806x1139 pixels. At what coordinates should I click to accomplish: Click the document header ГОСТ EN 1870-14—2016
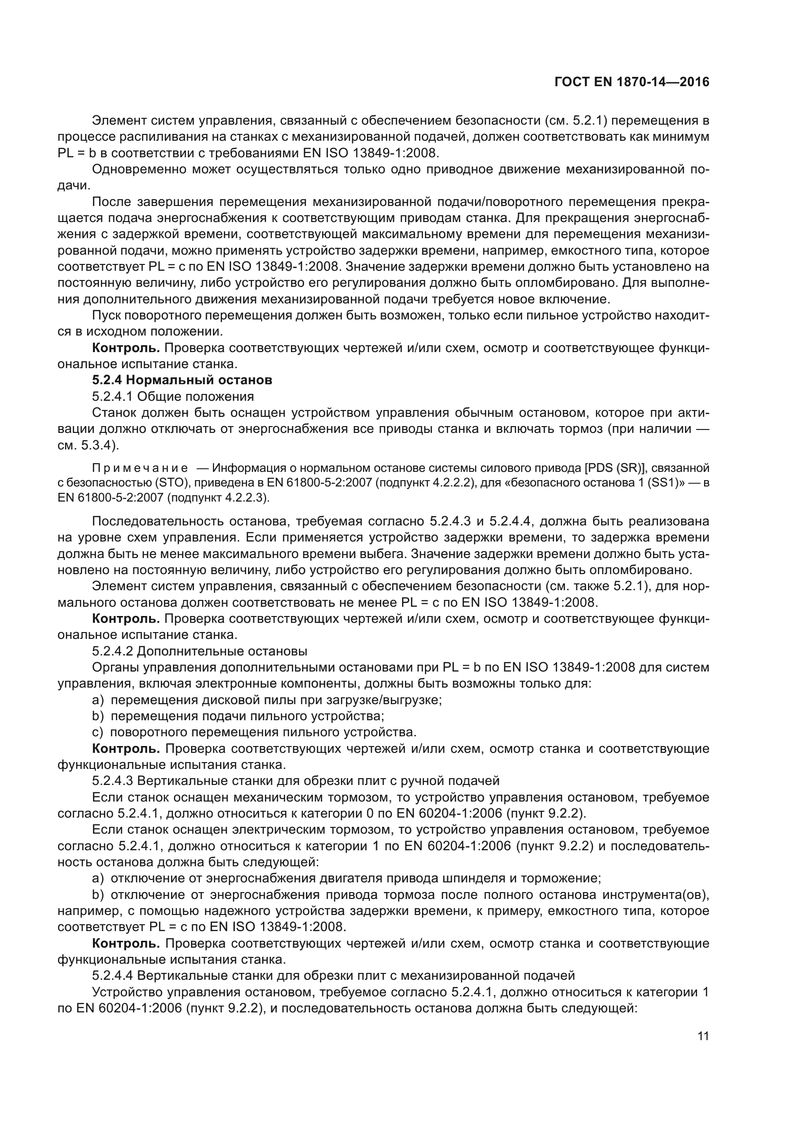[x=632, y=82]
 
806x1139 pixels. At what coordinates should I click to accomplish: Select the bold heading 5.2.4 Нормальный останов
[x=182, y=380]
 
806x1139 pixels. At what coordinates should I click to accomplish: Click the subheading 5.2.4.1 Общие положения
[x=173, y=396]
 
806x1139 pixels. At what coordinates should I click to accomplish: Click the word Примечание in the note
[x=140, y=468]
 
